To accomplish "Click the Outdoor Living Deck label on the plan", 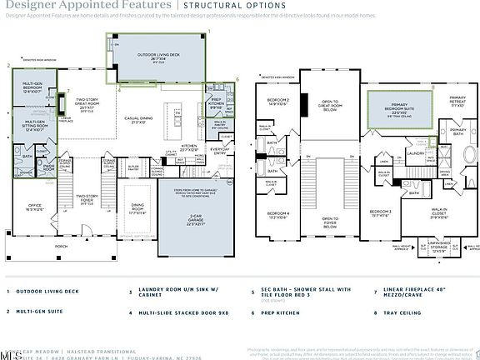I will click(x=157, y=57).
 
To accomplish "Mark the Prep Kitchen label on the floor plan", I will click(x=215, y=104).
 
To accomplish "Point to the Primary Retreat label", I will click(x=459, y=103).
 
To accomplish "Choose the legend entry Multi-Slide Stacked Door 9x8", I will click(x=171, y=314).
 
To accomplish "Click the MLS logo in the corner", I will click(x=11, y=354).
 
